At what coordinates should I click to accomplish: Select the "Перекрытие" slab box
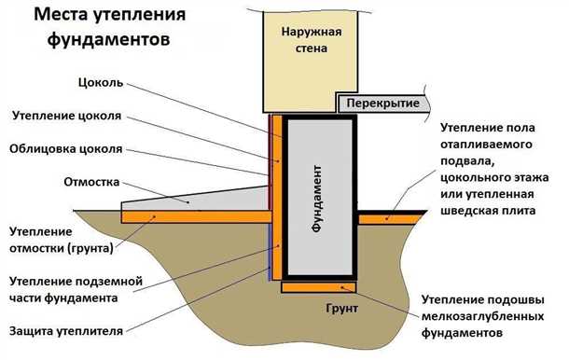point(382,103)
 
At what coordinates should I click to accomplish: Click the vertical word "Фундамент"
point(318,198)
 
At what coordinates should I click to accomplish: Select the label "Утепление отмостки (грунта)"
point(61,240)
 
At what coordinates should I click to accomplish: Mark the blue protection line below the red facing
point(271,252)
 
